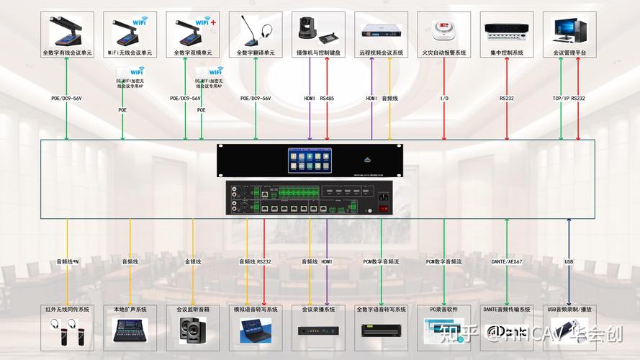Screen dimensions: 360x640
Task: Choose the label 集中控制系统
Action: click(507, 53)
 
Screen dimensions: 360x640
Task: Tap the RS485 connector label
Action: click(328, 98)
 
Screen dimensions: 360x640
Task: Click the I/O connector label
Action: click(444, 98)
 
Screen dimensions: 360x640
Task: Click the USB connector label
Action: click(569, 261)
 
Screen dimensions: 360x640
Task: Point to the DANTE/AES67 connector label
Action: click(507, 261)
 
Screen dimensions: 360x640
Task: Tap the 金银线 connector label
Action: click(193, 261)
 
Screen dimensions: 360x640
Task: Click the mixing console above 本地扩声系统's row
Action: click(130, 330)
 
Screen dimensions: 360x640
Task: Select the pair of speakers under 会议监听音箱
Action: click(193, 329)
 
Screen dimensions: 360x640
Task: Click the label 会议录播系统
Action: click(318, 310)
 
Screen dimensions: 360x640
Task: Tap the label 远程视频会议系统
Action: click(382, 53)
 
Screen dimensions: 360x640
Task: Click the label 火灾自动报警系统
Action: click(444, 53)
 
